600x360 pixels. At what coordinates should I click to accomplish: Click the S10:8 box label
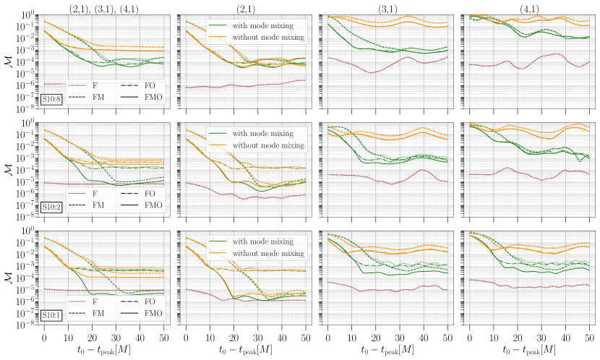51,98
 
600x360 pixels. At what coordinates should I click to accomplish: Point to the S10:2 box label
51,206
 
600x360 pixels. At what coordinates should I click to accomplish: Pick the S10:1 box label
51,314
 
